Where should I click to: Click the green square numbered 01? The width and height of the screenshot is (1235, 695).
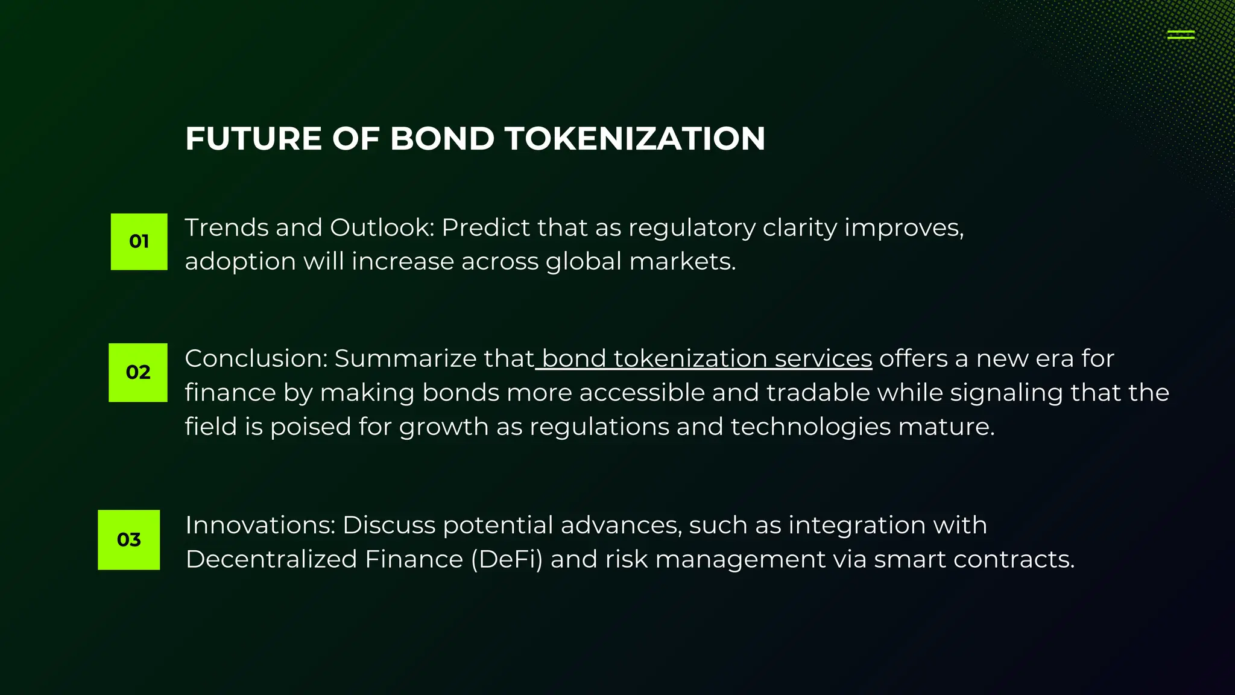pos(139,241)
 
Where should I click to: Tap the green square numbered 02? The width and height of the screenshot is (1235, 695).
pos(137,372)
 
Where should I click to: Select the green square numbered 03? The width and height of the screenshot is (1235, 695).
pos(128,539)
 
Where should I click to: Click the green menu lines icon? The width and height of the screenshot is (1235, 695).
pos(1181,35)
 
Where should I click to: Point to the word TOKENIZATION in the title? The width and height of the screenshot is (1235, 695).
pos(634,139)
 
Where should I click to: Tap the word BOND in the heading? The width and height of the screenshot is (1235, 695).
pos(442,139)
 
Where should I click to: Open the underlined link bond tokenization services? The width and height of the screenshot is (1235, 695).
pos(706,359)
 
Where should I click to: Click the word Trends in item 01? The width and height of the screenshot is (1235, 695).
pos(226,228)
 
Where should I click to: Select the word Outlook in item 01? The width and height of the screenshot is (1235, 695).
pos(382,228)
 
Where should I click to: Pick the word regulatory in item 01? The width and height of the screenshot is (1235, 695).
pos(692,228)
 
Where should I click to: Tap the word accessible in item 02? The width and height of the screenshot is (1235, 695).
pos(642,393)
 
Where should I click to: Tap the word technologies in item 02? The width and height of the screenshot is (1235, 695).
pos(810,427)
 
